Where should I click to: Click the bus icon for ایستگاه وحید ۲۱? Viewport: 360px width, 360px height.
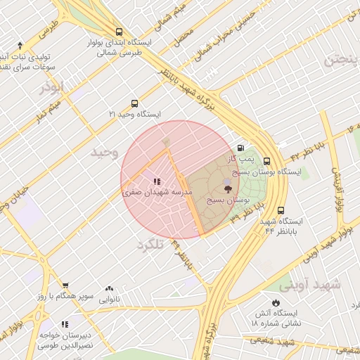tap(134, 103)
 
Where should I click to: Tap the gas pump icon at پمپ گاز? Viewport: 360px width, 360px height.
tap(242, 148)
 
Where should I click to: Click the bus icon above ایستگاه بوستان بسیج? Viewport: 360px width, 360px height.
tap(266, 160)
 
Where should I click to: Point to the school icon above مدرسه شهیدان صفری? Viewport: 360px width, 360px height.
tap(156, 181)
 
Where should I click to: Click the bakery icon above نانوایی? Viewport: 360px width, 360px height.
tap(109, 289)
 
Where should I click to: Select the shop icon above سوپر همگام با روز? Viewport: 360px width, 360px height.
tap(65, 285)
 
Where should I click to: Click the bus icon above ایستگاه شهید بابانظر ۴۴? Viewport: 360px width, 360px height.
tap(281, 210)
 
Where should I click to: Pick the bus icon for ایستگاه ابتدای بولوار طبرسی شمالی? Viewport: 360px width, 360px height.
tap(119, 32)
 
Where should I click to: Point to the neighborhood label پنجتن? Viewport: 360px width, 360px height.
tap(342, 60)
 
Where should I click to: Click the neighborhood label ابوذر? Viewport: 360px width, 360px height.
tap(51, 86)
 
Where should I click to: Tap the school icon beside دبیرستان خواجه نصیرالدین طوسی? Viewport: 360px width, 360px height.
tap(65, 325)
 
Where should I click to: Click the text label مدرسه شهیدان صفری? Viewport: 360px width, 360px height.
tap(153, 191)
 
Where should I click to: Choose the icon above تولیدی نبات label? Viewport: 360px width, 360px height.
tap(20, 45)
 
